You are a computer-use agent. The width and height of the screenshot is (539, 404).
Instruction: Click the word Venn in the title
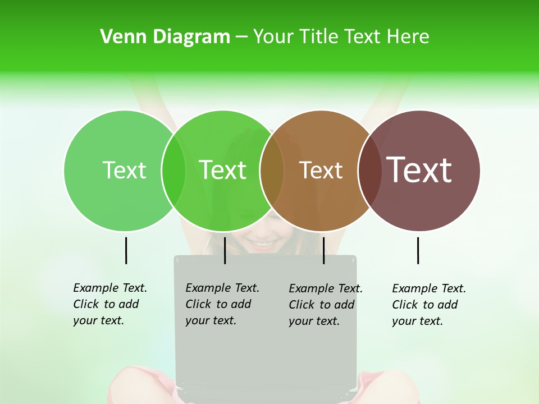[117, 37]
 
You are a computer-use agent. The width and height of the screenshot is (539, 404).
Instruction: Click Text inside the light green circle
[124, 170]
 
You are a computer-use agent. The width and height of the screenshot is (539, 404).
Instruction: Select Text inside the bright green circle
[223, 170]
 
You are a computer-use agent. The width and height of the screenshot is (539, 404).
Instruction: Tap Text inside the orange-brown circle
[321, 170]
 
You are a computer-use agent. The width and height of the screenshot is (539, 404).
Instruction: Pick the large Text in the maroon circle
[419, 170]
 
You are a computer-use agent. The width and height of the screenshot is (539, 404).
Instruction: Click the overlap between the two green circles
[173, 171]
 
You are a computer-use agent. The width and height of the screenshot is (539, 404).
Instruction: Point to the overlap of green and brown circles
[272, 171]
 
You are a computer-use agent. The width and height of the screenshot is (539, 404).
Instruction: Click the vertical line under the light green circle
[126, 250]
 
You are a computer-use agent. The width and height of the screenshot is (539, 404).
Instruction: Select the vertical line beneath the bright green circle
[225, 250]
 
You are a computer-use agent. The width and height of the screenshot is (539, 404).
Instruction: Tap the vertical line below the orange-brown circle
[323, 250]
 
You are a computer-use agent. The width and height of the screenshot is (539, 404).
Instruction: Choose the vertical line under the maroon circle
[418, 250]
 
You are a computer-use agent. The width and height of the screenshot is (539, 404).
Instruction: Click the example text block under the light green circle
[110, 304]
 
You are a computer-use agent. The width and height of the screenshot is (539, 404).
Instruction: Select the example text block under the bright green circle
[222, 304]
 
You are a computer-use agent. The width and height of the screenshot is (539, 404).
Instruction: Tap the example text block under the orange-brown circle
[326, 305]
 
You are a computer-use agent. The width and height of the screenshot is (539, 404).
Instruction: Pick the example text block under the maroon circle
[429, 305]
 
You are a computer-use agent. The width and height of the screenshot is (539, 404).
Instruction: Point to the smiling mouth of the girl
[264, 245]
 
